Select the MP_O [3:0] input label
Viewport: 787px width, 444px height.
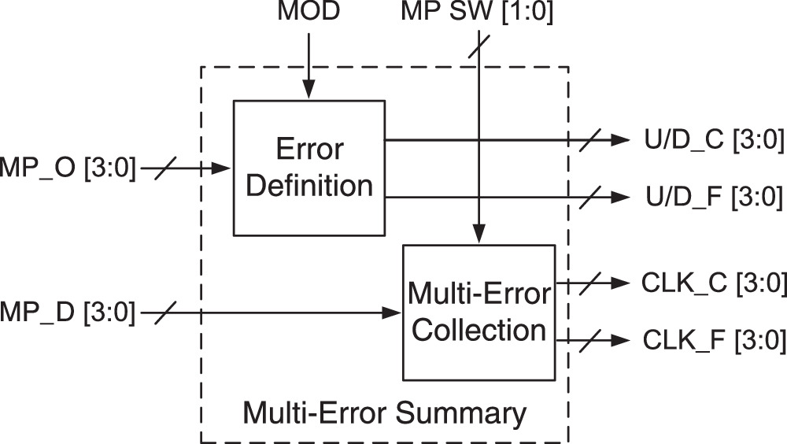[68, 168]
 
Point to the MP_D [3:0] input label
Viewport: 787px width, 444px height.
[68, 313]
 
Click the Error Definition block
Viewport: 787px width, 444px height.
[309, 168]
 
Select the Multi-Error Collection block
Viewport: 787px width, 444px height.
[478, 313]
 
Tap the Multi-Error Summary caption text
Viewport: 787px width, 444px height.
[384, 412]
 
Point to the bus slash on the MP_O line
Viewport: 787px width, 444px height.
[166, 168]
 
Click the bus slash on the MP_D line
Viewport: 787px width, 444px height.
[166, 313]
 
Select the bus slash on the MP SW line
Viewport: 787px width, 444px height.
[478, 47]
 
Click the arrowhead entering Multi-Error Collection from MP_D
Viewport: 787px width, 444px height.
[394, 313]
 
